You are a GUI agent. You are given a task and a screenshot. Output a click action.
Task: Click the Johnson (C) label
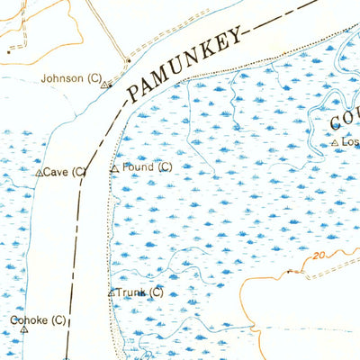coord(71,79)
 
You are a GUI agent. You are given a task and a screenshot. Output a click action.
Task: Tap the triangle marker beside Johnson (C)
coord(104,85)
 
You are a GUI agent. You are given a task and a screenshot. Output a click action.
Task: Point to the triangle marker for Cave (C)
coord(39,172)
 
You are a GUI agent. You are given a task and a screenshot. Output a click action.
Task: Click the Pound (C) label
coord(147,167)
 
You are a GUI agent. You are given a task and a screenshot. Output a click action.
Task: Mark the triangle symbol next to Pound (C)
coord(114,168)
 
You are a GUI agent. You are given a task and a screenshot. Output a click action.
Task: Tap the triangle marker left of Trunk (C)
coord(112,292)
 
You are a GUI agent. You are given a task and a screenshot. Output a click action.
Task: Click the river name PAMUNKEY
coord(184,65)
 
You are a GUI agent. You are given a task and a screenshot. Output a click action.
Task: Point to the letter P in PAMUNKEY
coord(133,93)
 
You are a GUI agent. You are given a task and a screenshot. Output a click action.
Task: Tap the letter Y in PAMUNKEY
coord(237,38)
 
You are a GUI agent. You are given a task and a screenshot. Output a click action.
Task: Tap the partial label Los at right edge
coord(349,142)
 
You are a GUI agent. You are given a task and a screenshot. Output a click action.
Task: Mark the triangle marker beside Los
coord(335,143)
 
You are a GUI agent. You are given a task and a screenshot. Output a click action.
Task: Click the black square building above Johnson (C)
coord(128,61)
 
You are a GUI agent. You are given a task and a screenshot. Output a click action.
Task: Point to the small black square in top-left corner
coord(9,51)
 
